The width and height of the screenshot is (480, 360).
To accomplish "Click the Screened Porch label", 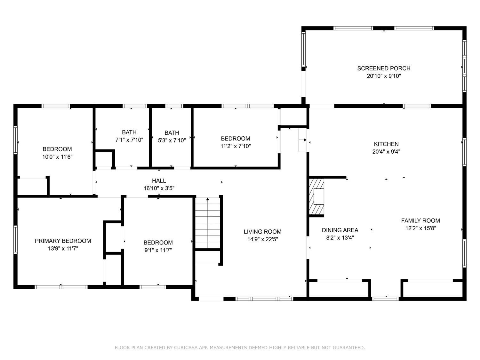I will point(384,68).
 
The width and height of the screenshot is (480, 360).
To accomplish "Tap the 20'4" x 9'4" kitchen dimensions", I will point(386,152).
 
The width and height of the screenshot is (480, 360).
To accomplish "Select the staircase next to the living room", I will point(208,224).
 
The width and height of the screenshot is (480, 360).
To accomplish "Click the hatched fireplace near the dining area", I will point(316,196).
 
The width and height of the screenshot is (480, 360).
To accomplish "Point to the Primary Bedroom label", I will point(63,241).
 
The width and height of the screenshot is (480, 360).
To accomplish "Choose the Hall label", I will point(159,181).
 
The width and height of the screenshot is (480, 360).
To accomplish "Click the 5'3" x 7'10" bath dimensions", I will point(172,140).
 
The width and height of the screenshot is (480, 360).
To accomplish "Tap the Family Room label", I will point(420,220).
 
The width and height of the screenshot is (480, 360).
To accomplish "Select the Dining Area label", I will point(340,230).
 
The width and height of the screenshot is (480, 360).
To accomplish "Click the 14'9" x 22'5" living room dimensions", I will point(262,239).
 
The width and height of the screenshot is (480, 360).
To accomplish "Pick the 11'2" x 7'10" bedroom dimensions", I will point(236,146).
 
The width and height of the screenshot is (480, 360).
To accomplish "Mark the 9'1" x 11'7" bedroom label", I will point(158,243).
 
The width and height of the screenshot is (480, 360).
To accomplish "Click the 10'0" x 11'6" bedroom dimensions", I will point(57,157).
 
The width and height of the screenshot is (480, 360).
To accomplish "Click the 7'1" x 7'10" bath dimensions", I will point(129,140).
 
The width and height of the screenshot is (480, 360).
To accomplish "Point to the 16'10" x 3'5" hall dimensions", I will point(159,188).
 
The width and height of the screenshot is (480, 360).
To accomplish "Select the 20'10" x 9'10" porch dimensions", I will point(384,76).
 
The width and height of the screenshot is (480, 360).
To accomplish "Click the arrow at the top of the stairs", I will point(208,199).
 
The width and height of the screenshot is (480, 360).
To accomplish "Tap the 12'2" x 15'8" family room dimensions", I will point(420,228).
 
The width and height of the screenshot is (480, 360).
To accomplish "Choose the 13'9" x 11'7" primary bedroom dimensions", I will point(63,249).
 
